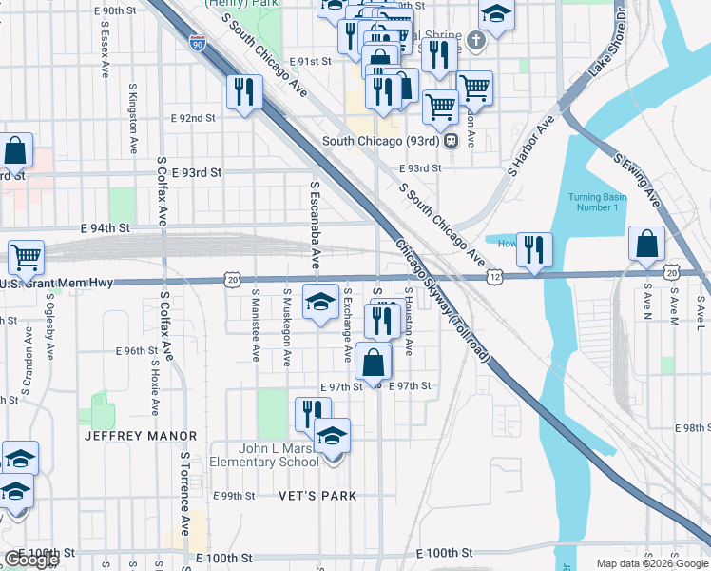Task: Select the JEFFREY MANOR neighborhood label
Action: click(141, 436)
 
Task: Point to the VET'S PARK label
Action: click(318, 496)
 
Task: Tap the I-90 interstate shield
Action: click(196, 43)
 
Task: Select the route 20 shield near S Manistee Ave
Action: click(233, 279)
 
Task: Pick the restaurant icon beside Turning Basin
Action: click(534, 250)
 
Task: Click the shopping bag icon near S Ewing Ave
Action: click(646, 244)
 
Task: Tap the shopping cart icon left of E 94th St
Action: click(27, 256)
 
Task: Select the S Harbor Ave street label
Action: click(530, 146)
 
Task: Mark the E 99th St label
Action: click(234, 497)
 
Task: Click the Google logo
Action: click(31, 560)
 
